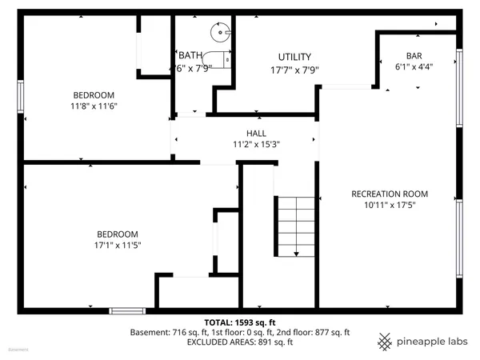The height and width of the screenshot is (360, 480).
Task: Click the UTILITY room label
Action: point(294,57)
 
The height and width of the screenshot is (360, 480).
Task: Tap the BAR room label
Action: point(414,55)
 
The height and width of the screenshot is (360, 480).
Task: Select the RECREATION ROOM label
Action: point(390,194)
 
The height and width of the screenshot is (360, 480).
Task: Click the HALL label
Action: point(256,134)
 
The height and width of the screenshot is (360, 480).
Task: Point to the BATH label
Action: point(190,55)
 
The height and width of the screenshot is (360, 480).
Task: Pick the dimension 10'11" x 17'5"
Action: point(390,206)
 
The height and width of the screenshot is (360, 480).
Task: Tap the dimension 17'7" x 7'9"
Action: point(294,69)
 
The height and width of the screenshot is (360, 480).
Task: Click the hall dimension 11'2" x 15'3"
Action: point(256,145)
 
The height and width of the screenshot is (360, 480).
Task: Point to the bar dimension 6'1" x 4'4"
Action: point(414,67)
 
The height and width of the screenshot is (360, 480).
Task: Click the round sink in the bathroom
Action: point(218,32)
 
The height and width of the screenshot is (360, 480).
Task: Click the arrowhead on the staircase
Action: point(295,254)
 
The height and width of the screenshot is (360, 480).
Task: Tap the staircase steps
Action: point(296,224)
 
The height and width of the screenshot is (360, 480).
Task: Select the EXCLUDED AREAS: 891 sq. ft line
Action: point(240,342)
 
